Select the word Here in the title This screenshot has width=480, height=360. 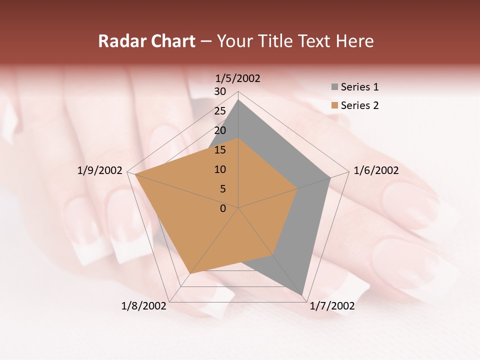pos(354,41)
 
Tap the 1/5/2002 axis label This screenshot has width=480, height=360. pos(238,78)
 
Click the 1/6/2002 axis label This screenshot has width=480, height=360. pos(376,170)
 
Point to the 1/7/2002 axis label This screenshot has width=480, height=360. pos(332,306)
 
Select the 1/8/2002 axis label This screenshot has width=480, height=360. pos(143,306)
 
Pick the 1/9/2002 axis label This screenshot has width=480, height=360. pos(100,170)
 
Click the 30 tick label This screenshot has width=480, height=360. pos(220,91)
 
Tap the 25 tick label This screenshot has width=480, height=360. pos(220,111)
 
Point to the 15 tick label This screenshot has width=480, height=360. pos(220,150)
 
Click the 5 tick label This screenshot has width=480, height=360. pos(222,189)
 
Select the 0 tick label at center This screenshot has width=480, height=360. pos(223,208)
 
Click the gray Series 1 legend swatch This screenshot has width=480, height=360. pos(334,87)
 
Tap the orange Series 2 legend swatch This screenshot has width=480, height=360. pos(334,105)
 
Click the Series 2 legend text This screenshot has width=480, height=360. pos(359,105)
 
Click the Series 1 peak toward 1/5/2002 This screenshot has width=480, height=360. pos(238,100)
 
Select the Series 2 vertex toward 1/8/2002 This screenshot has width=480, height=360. pos(189,273)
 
